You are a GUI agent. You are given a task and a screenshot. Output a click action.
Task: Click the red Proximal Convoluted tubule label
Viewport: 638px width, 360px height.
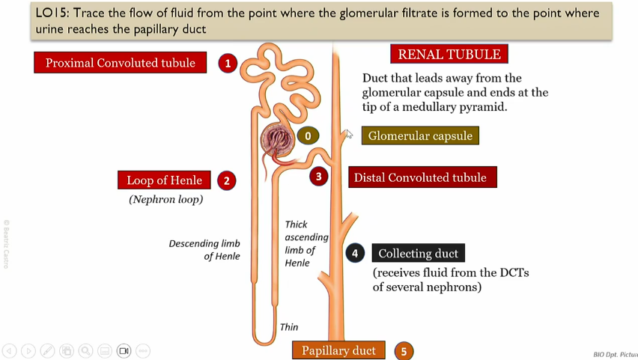120,63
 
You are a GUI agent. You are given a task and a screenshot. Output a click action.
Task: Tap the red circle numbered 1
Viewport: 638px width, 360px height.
228,63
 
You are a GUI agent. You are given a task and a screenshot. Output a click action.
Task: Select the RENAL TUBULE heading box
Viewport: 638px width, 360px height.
449,55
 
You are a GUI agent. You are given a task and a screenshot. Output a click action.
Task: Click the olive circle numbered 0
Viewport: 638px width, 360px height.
307,135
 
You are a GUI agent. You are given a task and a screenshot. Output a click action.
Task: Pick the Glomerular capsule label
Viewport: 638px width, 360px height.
420,135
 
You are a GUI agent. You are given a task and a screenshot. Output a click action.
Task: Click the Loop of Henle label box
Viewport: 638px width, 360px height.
164,180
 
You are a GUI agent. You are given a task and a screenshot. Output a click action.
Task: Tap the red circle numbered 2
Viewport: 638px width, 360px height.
226,180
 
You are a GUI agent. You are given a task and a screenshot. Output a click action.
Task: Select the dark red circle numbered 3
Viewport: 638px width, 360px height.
318,177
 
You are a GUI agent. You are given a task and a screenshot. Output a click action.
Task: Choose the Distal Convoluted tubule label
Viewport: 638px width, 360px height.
422,177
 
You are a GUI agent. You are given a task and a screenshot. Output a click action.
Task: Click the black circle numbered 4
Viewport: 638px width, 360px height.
355,253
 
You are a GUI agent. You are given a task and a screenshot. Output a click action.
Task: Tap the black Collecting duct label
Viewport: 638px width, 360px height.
419,253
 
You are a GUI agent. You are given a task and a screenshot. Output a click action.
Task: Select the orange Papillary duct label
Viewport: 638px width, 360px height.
338,350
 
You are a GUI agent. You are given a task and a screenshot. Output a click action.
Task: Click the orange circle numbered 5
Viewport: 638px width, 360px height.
404,351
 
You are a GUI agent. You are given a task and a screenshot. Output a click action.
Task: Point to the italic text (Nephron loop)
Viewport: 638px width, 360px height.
166,199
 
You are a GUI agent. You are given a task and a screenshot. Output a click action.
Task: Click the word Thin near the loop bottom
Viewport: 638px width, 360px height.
288,327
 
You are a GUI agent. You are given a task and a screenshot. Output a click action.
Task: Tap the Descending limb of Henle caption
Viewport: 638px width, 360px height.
204,250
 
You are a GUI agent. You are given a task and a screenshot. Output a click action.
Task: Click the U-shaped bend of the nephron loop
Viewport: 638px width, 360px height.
263,340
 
